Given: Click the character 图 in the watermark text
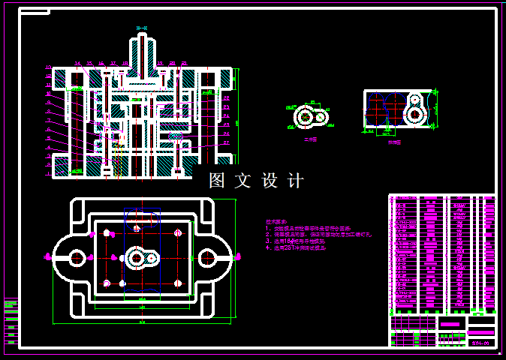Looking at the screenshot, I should tap(217, 181).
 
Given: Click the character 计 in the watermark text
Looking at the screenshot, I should tap(296, 181).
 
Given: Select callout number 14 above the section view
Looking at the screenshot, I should tap(77, 63).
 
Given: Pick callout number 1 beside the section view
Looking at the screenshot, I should tap(48, 174).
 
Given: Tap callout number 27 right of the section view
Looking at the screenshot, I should tap(226, 142).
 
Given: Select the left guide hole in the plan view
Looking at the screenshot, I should tap(77, 258).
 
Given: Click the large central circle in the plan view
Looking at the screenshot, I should tap(137, 258).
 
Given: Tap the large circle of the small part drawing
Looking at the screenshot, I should tap(305, 118).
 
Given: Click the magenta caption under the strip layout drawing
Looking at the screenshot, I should tap(394, 142).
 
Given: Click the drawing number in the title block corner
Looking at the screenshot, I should tap(480, 343).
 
